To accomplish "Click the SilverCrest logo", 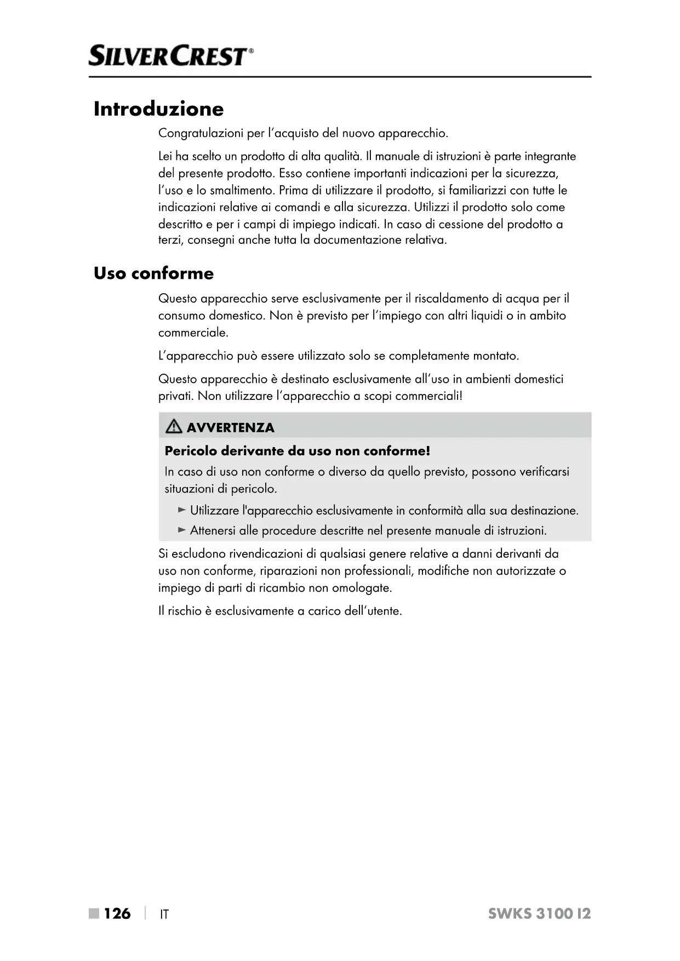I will pos(171,56).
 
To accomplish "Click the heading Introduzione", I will pos(158,108).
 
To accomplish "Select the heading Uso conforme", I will pos(153,273).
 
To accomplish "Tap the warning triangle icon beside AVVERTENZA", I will pos(174,426).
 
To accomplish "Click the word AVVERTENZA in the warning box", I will pos(230,427).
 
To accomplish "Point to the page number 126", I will pos(117,913).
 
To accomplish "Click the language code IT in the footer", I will pos(164,914).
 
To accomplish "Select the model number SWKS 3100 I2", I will pos(539,913).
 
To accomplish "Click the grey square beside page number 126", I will pos(94,913).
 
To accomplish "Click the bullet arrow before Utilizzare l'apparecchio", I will pos(182,510).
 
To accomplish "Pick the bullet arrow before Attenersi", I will pos(182,530).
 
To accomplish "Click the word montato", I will pos(495,356).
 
